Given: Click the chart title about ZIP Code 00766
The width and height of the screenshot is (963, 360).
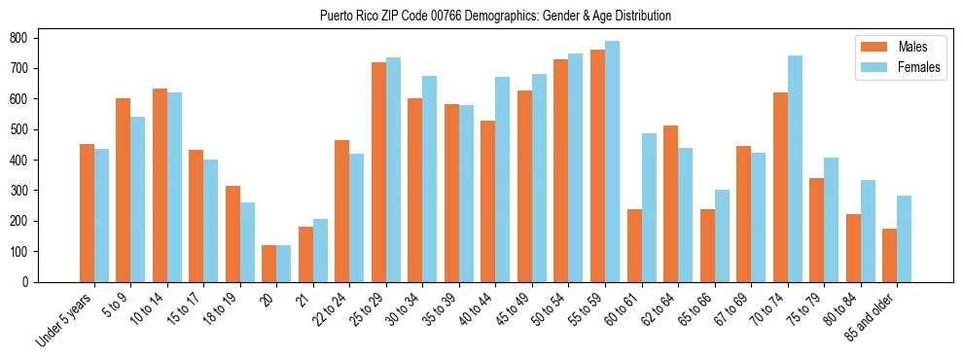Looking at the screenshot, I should click(x=495, y=17).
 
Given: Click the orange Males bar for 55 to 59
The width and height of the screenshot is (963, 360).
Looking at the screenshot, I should click(x=597, y=165).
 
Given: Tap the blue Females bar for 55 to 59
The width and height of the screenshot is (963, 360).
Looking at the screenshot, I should click(x=612, y=162).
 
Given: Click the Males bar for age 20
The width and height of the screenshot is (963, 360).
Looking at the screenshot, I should click(x=269, y=264).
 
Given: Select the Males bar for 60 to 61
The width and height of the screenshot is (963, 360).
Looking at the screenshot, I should click(x=634, y=245).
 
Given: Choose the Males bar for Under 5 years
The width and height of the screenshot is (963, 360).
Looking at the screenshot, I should click(x=87, y=213).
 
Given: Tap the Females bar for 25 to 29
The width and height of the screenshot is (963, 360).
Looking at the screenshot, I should click(x=393, y=169).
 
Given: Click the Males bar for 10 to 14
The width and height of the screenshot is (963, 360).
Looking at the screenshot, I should click(x=160, y=185).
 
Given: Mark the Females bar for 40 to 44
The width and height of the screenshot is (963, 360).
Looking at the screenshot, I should click(x=503, y=179).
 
